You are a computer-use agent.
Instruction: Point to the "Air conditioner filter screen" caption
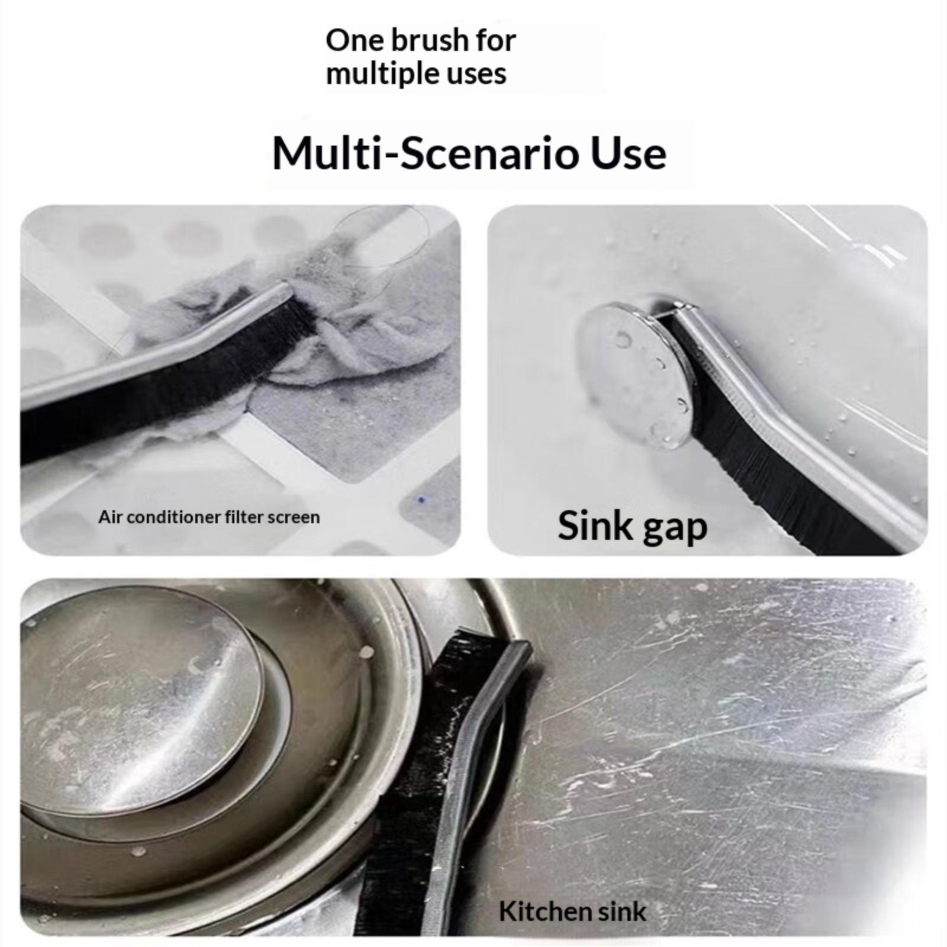pos(209,517)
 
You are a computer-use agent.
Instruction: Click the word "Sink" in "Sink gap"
pos(595,525)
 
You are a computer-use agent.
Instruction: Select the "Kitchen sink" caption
pos(572,911)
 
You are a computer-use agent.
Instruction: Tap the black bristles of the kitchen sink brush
pos(414,769)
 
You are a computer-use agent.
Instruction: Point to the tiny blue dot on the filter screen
pos(421,500)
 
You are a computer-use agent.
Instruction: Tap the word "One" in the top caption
pos(347,41)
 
